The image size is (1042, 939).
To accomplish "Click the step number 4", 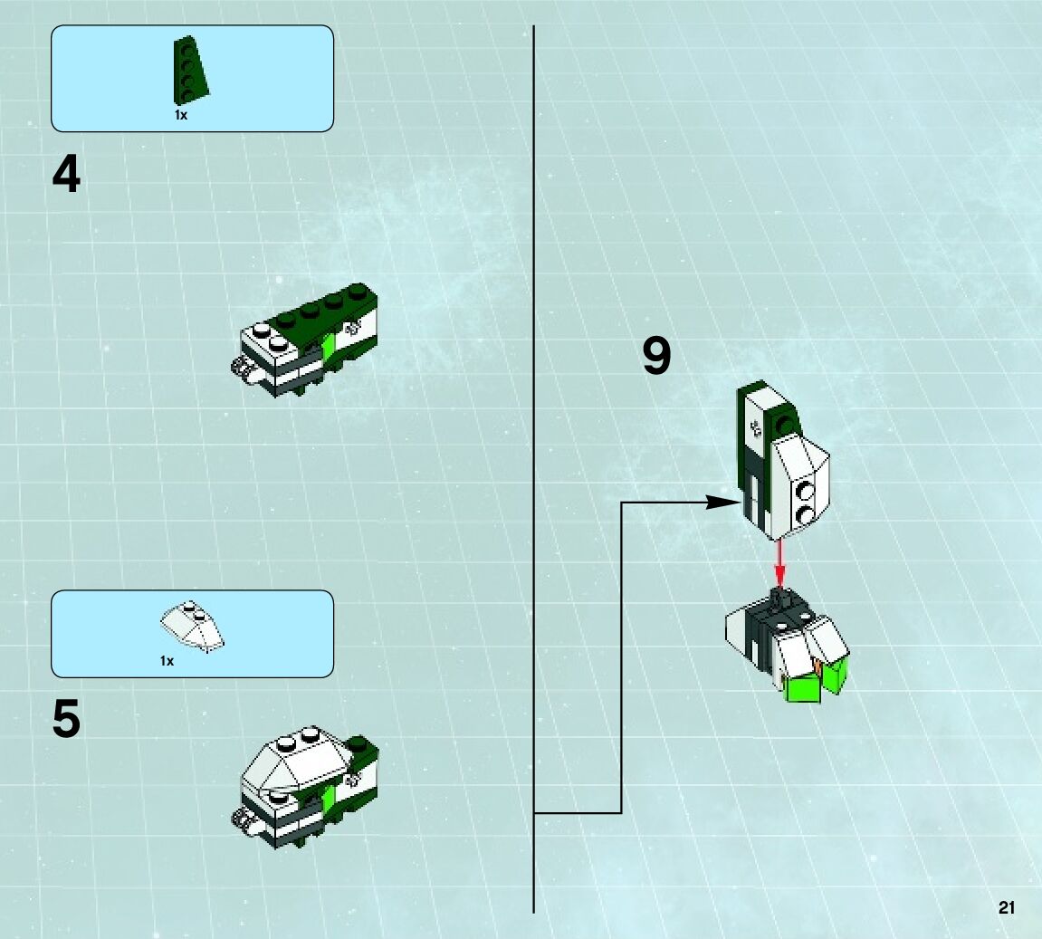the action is click(x=66, y=175).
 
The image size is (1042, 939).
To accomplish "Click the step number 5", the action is click(x=66, y=720).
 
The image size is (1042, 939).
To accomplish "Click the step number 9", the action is click(x=656, y=356).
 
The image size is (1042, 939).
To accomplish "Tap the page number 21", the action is click(x=1007, y=908).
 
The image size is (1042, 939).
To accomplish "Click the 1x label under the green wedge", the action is click(x=181, y=116).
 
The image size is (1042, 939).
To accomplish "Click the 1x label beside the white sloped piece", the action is click(x=167, y=661).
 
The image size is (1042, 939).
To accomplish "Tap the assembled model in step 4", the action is click(x=303, y=341).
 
